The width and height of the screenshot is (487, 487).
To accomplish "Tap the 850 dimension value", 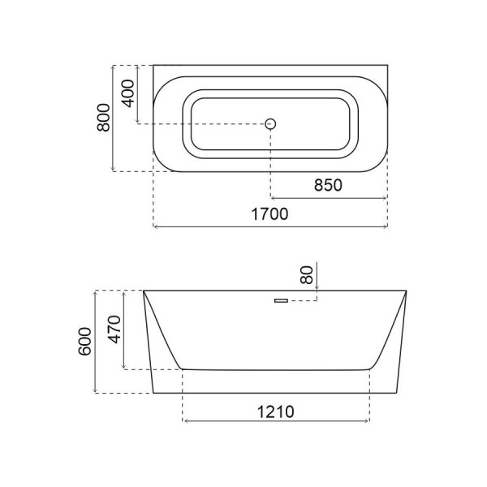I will click(328, 185).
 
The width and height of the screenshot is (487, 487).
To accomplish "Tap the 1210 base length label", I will click(276, 410).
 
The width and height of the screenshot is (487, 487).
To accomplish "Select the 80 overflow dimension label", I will click(307, 274).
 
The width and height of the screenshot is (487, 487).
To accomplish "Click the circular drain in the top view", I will click(271, 123).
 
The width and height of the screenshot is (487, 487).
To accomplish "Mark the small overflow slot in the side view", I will click(282, 301).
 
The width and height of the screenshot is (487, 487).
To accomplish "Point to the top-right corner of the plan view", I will click(387, 65).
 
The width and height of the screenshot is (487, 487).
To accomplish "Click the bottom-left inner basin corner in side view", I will click(182, 369).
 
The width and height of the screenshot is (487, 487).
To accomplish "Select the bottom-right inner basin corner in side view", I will click(370, 369).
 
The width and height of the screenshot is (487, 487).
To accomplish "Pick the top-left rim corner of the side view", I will click(144, 291).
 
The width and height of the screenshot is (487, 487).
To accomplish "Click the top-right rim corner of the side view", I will click(406, 291).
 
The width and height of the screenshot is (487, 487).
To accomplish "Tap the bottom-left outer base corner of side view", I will click(152, 394).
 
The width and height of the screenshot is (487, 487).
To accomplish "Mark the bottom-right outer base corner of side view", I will click(399, 394).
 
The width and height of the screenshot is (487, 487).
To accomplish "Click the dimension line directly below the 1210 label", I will click(276, 422).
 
